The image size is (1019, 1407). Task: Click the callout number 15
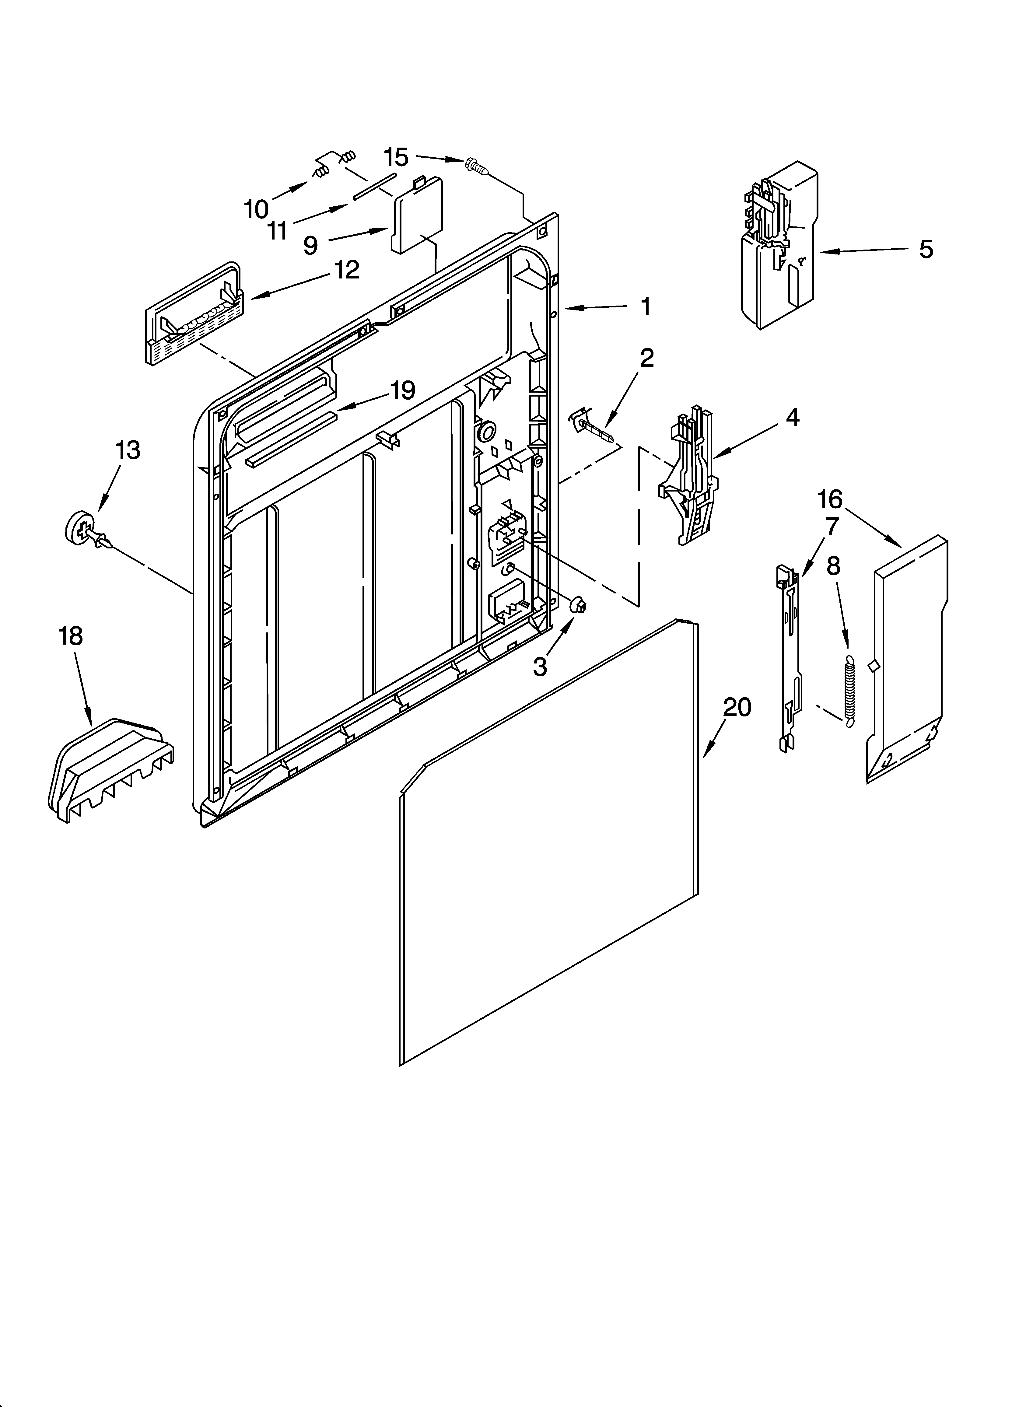point(396,158)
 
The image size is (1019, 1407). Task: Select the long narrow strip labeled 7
point(788,658)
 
